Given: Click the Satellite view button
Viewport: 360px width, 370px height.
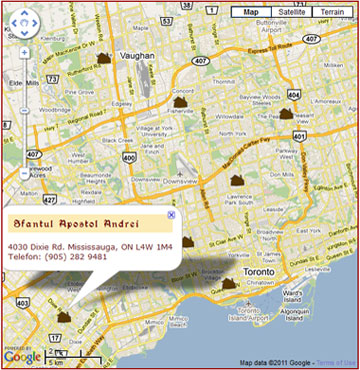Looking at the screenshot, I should (x=291, y=12).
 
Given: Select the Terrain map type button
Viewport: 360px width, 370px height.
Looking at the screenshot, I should (x=333, y=12).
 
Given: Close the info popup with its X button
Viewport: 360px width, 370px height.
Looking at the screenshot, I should (x=171, y=214).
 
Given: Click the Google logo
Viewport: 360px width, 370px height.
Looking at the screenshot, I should (x=22, y=356).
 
